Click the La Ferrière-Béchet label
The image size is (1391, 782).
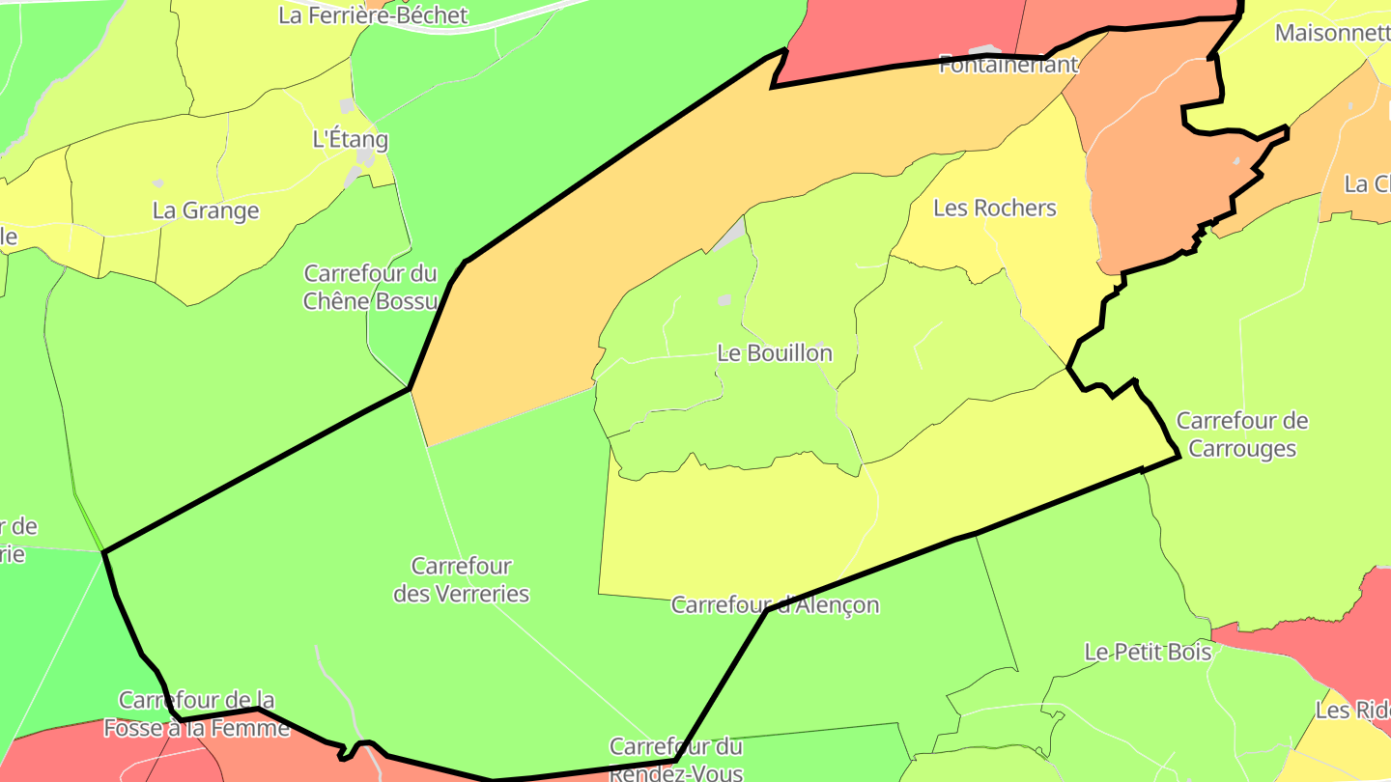tap(373, 15)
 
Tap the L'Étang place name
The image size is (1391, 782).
tap(351, 139)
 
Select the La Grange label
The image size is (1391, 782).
tap(206, 210)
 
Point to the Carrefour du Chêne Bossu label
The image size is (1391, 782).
tap(371, 287)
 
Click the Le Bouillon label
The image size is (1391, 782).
tap(775, 353)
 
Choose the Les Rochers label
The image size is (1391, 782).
tap(995, 209)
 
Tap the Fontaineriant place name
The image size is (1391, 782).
tap(1008, 66)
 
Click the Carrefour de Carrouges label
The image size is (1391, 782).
tap(1242, 434)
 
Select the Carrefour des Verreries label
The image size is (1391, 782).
tap(461, 579)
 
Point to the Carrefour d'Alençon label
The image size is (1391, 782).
tap(775, 605)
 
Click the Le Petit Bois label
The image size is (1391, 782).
tap(1148, 653)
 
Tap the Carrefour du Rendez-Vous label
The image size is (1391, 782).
tap(676, 759)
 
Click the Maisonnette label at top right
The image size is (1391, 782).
tap(1332, 33)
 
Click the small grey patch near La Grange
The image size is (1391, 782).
tap(158, 182)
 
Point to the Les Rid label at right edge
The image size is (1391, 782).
tap(1352, 711)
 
